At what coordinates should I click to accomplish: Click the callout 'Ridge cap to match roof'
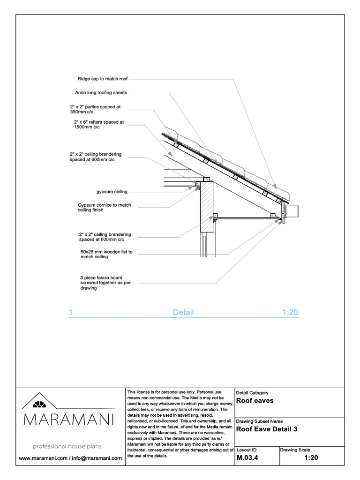[x=102, y=79]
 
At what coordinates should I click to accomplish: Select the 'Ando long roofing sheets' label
[x=101, y=93]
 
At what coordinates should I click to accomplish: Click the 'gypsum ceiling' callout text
[x=111, y=192]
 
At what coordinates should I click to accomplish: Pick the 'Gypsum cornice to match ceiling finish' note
[x=104, y=207]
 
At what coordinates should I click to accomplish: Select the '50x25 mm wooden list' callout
[x=106, y=255]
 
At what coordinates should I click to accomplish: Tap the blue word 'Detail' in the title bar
[x=183, y=313]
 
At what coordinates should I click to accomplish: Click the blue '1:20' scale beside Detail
[x=290, y=313]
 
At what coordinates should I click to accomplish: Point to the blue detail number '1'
[x=70, y=313]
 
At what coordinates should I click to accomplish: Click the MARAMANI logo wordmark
[x=68, y=420]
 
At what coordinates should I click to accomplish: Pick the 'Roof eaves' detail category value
[x=255, y=401]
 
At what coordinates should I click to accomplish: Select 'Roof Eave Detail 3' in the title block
[x=266, y=429]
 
